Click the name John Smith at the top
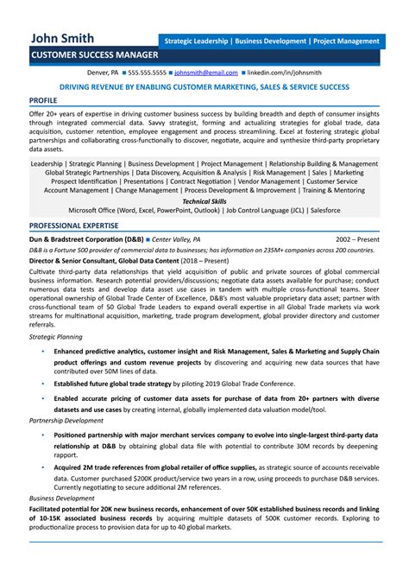coord(62,39)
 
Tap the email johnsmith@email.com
coord(205,73)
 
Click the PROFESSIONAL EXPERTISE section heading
coord(73,225)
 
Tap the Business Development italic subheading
coord(62,499)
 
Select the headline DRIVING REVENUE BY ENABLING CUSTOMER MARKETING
coord(204,87)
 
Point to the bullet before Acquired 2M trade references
coord(43,466)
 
